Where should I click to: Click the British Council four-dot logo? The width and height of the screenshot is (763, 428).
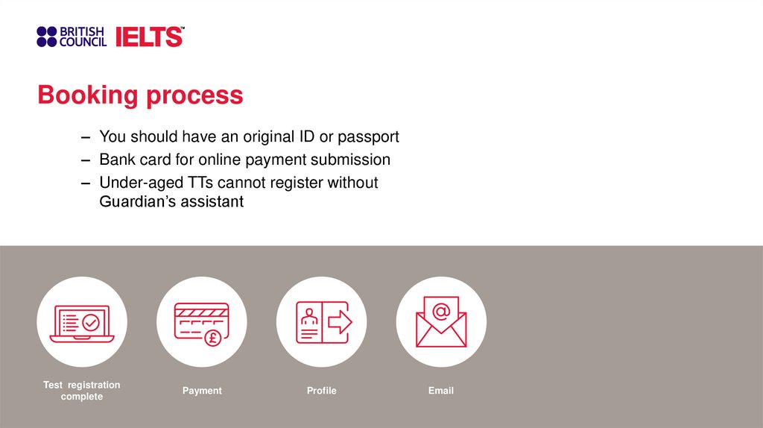(46, 37)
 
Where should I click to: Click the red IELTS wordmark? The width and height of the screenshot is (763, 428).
(149, 37)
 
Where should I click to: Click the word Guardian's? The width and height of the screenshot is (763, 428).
(135, 201)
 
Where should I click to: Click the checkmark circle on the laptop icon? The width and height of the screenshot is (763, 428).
(91, 323)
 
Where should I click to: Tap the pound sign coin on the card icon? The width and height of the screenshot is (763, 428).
(212, 336)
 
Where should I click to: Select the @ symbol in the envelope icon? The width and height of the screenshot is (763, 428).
(441, 310)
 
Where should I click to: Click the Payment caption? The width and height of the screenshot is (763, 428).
(202, 391)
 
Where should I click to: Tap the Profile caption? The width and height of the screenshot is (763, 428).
(321, 391)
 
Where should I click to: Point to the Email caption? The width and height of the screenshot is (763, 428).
(441, 391)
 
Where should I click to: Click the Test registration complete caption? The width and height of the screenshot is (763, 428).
(82, 391)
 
